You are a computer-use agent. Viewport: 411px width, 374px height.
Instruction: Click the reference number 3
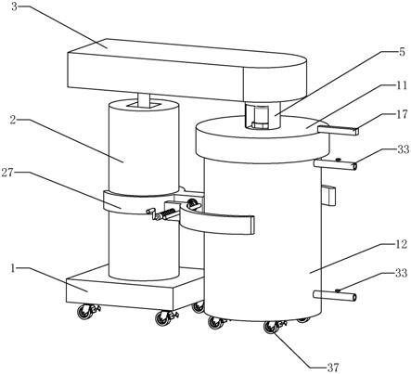click(15, 6)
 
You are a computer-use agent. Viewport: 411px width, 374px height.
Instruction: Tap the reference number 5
click(402, 52)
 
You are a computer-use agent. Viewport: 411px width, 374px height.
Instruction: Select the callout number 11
click(402, 84)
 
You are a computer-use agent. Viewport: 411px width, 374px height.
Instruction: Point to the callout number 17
click(402, 115)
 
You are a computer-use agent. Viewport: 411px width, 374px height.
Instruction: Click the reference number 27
click(7, 173)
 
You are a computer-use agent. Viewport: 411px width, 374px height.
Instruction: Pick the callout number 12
click(402, 244)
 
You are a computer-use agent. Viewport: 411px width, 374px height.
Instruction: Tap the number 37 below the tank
click(333, 368)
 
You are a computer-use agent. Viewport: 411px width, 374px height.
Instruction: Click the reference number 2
click(13, 120)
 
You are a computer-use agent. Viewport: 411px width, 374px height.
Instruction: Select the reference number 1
click(13, 268)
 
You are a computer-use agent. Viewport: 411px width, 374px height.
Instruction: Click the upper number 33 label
click(403, 149)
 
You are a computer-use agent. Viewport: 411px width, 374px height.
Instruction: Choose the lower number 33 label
click(402, 273)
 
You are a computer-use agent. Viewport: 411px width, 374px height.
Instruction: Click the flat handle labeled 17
click(339, 131)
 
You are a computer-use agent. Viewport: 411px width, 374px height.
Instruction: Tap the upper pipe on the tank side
click(335, 164)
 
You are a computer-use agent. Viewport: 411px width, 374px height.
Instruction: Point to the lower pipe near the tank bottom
click(335, 295)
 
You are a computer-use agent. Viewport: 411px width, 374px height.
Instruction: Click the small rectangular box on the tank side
click(328, 196)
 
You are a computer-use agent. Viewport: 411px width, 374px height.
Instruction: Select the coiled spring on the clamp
click(167, 213)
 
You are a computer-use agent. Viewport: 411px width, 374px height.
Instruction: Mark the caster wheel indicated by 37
click(271, 327)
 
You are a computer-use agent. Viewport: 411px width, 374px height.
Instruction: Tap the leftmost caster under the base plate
click(84, 312)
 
